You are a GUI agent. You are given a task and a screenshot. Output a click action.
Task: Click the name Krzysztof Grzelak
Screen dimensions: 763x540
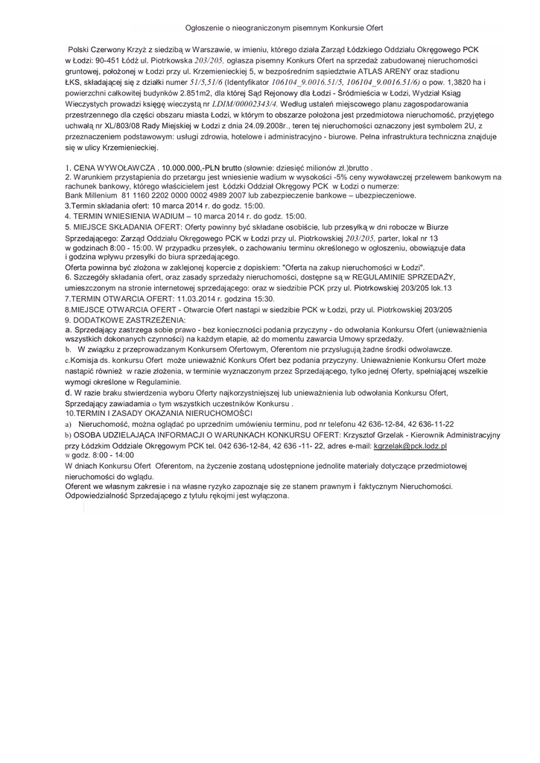click(370, 435)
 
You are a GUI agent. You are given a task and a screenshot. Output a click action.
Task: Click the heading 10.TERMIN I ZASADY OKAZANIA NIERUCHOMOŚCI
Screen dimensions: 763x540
click(159, 412)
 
